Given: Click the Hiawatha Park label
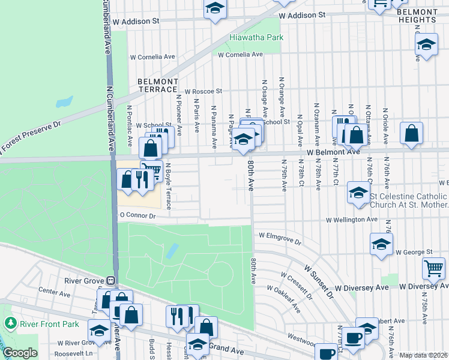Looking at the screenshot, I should click(x=256, y=37).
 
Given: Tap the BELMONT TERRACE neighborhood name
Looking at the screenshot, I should click(x=158, y=85).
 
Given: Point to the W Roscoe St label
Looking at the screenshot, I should click(x=203, y=92).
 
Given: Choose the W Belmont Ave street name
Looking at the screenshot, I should click(x=333, y=152).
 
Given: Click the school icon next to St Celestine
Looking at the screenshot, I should click(x=358, y=193).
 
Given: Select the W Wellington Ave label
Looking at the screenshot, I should click(x=352, y=220).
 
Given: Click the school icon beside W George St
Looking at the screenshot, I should click(x=381, y=244).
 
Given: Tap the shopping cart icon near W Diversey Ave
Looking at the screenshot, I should click(x=433, y=268).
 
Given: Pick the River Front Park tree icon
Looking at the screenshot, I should click(x=10, y=323).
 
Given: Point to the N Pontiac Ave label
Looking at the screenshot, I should click(x=130, y=126).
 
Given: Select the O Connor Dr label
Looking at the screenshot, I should click(x=138, y=215).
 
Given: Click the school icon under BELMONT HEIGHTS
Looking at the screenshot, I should click(x=426, y=44).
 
